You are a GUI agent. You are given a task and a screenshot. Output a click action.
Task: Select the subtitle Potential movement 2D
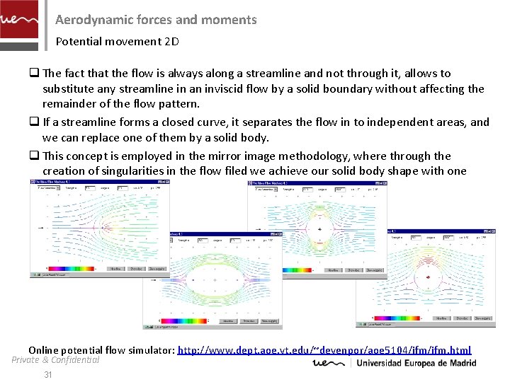(x=117, y=41)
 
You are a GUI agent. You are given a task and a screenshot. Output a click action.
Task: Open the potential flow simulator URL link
(x=324, y=350)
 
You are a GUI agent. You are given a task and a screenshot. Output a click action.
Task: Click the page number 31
(x=48, y=375)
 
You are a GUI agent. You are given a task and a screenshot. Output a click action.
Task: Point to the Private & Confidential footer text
(x=55, y=360)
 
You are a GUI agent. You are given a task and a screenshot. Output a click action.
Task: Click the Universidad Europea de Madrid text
(x=416, y=364)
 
